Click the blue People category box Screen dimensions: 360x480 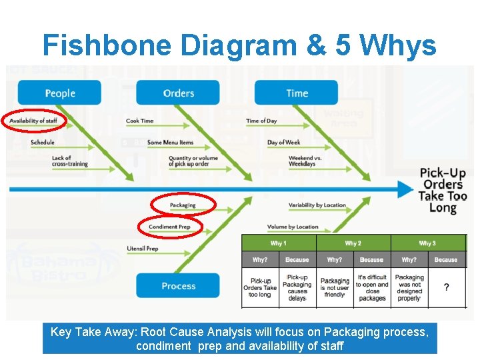point(59,93)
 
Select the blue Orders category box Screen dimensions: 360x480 point(178,93)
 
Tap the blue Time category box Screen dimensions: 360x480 point(297,93)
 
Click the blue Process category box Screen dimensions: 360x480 point(178,286)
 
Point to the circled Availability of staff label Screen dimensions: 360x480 point(33,121)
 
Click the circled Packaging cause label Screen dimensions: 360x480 point(183,205)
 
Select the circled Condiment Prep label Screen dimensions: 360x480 point(169,227)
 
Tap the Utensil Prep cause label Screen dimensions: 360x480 point(142,249)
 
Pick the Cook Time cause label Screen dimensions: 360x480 point(139,121)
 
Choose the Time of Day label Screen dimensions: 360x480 point(261,121)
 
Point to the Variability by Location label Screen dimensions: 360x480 point(317,205)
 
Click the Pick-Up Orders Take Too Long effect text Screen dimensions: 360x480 point(443,190)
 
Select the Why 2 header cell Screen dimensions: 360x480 point(353,243)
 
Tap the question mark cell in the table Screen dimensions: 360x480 point(446,288)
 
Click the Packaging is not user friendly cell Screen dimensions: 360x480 point(335,288)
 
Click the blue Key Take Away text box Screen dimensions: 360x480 point(240,339)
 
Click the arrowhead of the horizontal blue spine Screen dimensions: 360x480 point(406,189)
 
